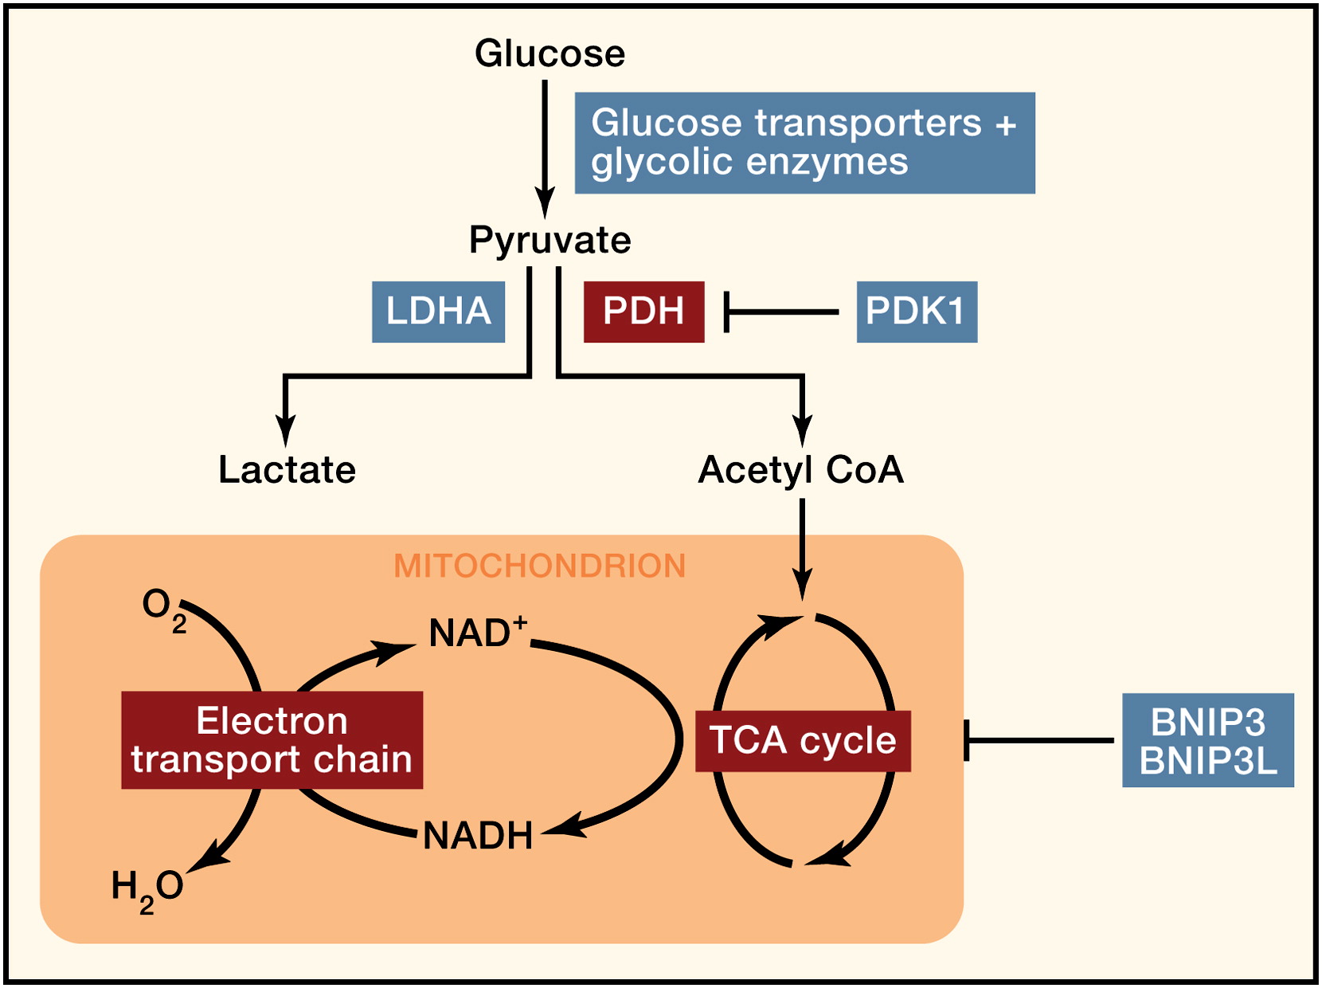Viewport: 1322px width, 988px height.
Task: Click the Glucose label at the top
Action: (550, 53)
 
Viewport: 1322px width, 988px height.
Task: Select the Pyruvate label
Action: (550, 241)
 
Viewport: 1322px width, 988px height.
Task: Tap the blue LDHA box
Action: (439, 312)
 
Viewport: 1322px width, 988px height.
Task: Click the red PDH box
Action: (643, 312)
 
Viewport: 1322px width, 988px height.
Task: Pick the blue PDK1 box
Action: (917, 312)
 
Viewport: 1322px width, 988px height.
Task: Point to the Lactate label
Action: (287, 470)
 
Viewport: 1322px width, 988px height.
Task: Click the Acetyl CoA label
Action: (801, 471)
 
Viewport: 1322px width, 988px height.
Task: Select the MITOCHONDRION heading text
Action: (540, 566)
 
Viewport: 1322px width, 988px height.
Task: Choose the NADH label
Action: (478, 836)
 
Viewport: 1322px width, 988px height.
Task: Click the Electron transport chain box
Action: (272, 739)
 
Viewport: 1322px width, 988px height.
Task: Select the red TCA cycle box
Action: (803, 741)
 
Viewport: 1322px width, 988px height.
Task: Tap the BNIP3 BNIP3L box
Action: (1207, 740)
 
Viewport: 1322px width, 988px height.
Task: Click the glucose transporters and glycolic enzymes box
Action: (804, 143)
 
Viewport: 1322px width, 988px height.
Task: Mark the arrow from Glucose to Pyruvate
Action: (545, 150)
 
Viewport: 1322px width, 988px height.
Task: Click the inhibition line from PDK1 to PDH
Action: (782, 312)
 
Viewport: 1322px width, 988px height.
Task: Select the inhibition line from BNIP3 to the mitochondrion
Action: (1039, 740)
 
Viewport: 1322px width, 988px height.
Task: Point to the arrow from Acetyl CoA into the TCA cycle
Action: (802, 550)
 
